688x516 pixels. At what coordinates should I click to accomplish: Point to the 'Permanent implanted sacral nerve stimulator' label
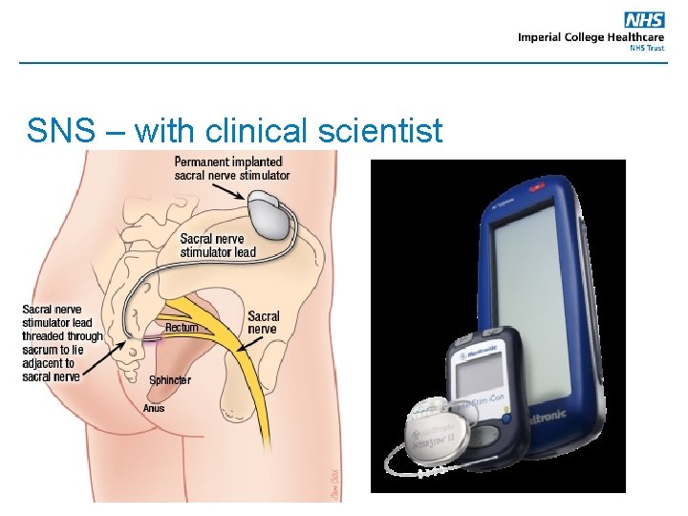click(231, 168)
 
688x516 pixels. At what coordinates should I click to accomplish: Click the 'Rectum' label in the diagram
click(182, 328)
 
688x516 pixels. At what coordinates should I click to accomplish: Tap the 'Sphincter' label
click(169, 380)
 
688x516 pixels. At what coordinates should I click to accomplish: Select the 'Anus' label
click(153, 408)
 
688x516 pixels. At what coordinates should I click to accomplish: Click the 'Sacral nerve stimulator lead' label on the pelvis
click(218, 246)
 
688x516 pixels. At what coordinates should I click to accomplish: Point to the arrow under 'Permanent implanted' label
click(229, 191)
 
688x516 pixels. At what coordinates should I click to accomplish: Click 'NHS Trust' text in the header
click(646, 48)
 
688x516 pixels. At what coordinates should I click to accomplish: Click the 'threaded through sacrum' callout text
click(62, 336)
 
